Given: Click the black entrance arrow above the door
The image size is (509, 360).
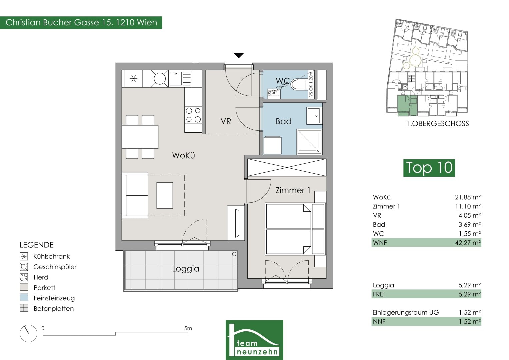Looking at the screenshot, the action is coord(239,55).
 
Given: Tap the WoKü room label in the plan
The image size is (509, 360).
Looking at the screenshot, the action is coord(183,155).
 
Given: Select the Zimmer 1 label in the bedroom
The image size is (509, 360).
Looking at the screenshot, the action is coord(293,190).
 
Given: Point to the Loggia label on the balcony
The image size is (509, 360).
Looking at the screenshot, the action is coord(186,269).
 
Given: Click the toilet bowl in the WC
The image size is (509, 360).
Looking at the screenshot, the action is coord(298,84).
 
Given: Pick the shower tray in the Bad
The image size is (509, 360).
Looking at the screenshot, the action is coord(309,142).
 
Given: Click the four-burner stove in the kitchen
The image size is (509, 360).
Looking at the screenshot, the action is coord(193,115).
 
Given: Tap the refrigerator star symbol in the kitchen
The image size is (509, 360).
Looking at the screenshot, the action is coord(133,79).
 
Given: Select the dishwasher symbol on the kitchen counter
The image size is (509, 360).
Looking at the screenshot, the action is coord(160,78).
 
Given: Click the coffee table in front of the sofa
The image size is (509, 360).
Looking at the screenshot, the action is coord(165,195).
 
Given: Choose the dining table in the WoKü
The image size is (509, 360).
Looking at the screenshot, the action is coord(140,137).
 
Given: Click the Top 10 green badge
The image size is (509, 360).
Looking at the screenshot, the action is coord(429,168).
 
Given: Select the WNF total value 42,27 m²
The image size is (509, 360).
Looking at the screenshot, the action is coord(468,243).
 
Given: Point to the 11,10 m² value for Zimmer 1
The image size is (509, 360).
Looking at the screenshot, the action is coord(468,206).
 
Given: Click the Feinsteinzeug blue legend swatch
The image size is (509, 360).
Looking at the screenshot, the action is coord(24,297).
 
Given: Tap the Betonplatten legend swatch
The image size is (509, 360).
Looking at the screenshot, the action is coord(24,308).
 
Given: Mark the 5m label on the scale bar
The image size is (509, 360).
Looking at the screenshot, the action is coord(188,328).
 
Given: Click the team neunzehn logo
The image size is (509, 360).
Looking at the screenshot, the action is coord(254,340).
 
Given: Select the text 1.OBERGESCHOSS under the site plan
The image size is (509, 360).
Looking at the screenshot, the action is coord(437,124).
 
